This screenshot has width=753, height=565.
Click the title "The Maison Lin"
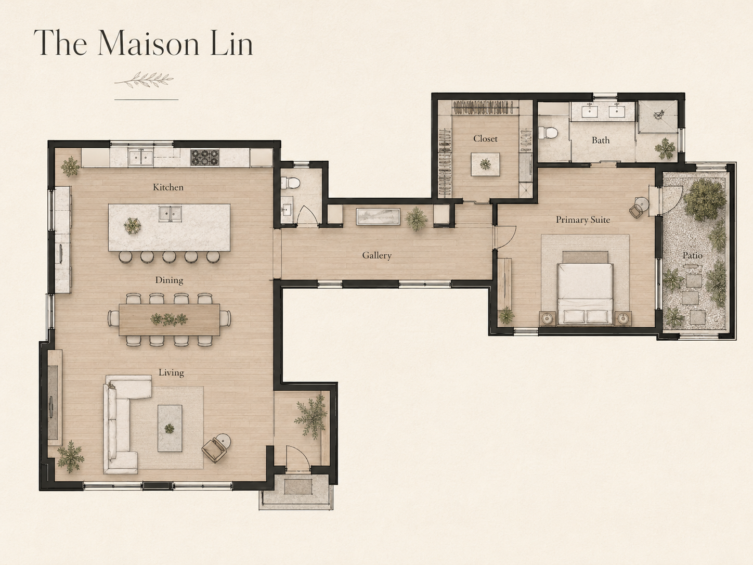click(144, 43)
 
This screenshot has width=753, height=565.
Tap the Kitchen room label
click(168, 187)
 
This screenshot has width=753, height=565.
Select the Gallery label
click(377, 255)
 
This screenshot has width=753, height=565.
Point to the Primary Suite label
click(583, 220)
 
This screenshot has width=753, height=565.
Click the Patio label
click(692, 255)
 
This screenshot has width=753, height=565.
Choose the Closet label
click(485, 138)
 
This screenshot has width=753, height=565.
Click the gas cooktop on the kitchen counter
click(205, 158)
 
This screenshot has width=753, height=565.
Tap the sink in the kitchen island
click(170, 214)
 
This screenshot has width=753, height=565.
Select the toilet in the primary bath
click(547, 133)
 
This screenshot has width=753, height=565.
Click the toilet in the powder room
click(290, 183)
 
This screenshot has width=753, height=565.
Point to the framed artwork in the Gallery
click(378, 217)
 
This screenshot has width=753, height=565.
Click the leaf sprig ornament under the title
click(144, 80)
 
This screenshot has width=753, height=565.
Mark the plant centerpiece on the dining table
click(169, 319)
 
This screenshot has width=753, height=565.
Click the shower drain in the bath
click(659, 115)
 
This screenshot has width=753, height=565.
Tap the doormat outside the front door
click(298, 487)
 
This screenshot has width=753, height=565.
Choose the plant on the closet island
click(485, 164)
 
